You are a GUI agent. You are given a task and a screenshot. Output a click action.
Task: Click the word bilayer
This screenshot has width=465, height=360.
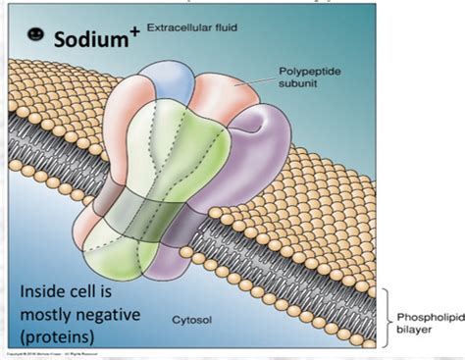coord(411,331)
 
